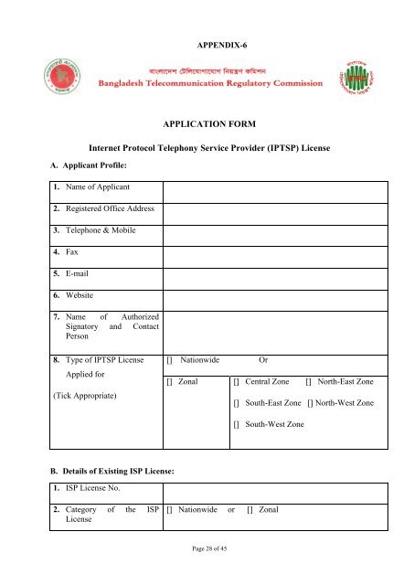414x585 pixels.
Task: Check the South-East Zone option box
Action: pyautogui.click(x=237, y=403)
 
